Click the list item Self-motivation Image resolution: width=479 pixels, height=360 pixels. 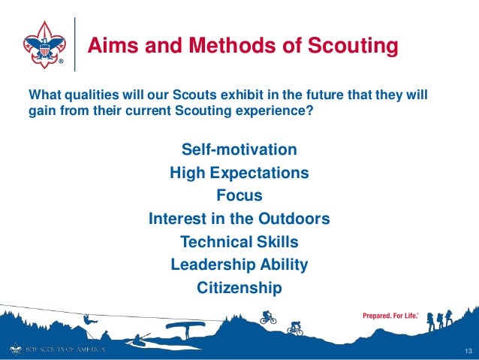[239, 149]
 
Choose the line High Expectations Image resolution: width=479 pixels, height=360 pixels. [239, 173]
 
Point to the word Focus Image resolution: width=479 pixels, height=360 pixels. [239, 196]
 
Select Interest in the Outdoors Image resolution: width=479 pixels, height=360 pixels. [239, 219]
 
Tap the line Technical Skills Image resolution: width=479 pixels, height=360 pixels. [239, 242]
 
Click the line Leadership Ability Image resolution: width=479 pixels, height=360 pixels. [239, 265]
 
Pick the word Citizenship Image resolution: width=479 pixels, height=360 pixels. [239, 288]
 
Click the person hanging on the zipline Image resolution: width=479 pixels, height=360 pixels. [89, 321]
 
